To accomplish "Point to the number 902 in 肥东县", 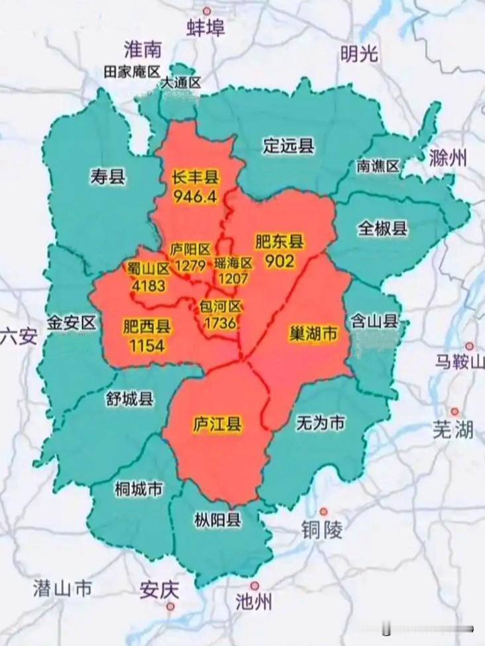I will (279, 261).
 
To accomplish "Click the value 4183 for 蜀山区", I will (149, 285).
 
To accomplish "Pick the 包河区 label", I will (222, 307).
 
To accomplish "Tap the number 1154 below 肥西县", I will (147, 345).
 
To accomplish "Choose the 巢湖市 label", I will (313, 334).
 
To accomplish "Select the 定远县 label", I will (288, 146).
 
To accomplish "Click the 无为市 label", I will (320, 423).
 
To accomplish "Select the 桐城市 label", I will (138, 489).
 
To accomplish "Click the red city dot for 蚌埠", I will (207, 11).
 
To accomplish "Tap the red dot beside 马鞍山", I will (469, 346).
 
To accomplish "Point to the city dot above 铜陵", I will (323, 511).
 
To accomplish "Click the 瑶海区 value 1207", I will (233, 279).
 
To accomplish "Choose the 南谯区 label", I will (378, 165).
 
